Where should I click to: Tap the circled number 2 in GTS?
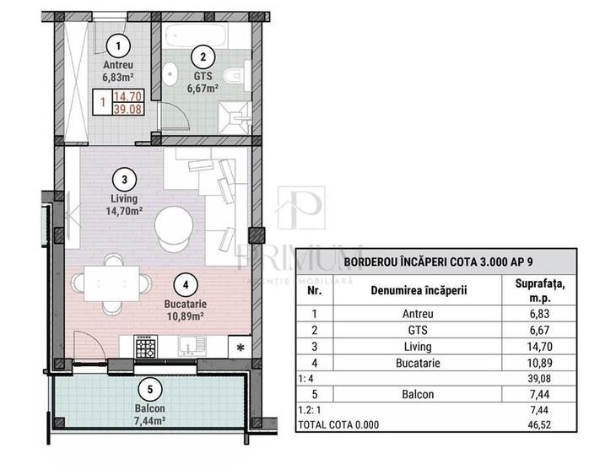coord(202,57)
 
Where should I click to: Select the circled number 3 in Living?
coord(124,179)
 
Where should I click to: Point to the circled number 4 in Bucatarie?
coord(186,284)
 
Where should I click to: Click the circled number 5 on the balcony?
coord(149,390)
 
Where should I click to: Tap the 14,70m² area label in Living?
coord(124,212)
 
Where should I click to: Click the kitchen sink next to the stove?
coord(192,346)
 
